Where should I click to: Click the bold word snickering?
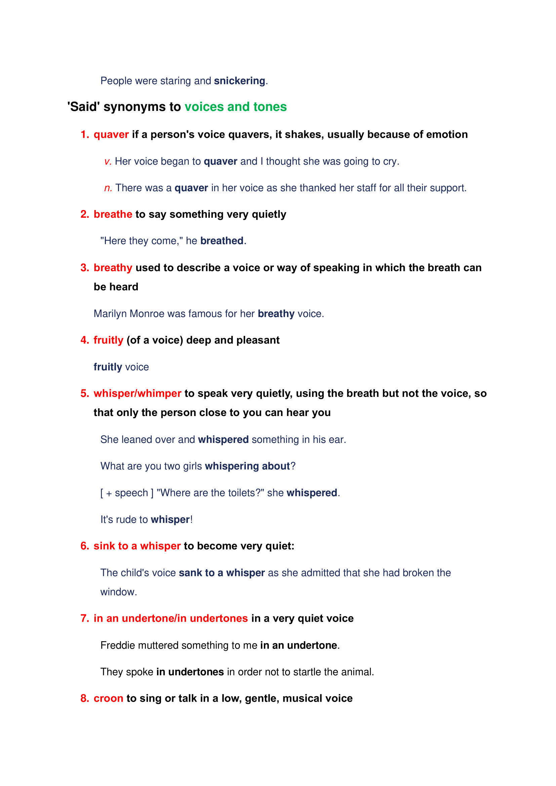pyautogui.click(x=239, y=81)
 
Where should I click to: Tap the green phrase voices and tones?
pyautogui.click(x=236, y=107)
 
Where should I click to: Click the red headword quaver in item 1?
pyautogui.click(x=111, y=134)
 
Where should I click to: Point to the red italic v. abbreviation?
pyautogui.click(x=108, y=161)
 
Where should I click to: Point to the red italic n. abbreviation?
pyautogui.click(x=108, y=188)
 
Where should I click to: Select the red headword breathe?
pyautogui.click(x=113, y=214)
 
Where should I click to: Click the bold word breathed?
pyautogui.click(x=222, y=241)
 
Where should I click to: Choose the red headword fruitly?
pyautogui.click(x=108, y=340)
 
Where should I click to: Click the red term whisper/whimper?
pyautogui.click(x=137, y=394)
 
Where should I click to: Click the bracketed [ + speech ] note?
pyautogui.click(x=127, y=493)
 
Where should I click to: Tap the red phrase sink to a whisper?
pyautogui.click(x=137, y=546)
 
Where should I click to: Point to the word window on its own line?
pyautogui.click(x=118, y=592)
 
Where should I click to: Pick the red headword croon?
pyautogui.click(x=108, y=698)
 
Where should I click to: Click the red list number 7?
pyautogui.click(x=85, y=618)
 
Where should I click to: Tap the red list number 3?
pyautogui.click(x=85, y=268)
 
